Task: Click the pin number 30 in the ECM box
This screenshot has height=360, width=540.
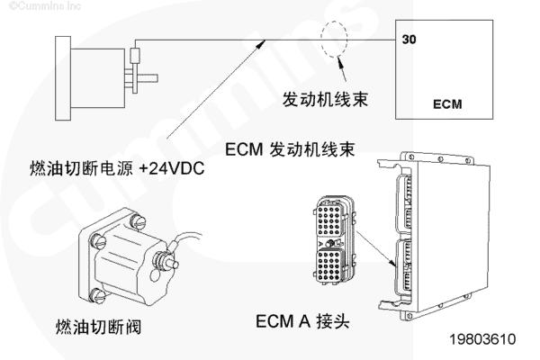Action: coord(409,40)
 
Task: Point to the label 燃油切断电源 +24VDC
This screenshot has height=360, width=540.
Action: coord(113,166)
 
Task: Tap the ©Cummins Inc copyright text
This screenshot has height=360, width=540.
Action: coord(34,5)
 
